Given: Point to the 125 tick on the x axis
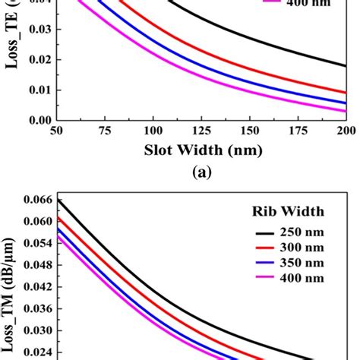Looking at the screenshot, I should point(201,130).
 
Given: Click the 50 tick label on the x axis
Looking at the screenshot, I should point(56,130).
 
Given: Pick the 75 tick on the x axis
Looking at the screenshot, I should point(105,130).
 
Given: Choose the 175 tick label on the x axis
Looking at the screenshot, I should point(298,130).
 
